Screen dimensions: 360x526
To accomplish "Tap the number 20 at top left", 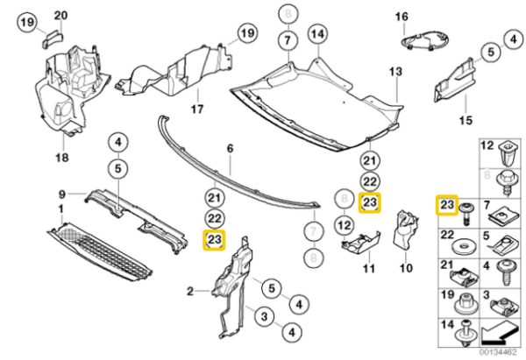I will (x=60, y=15).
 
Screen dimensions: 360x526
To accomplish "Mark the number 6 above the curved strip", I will (x=230, y=150).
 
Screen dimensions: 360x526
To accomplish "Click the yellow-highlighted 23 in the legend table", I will (x=447, y=206).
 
